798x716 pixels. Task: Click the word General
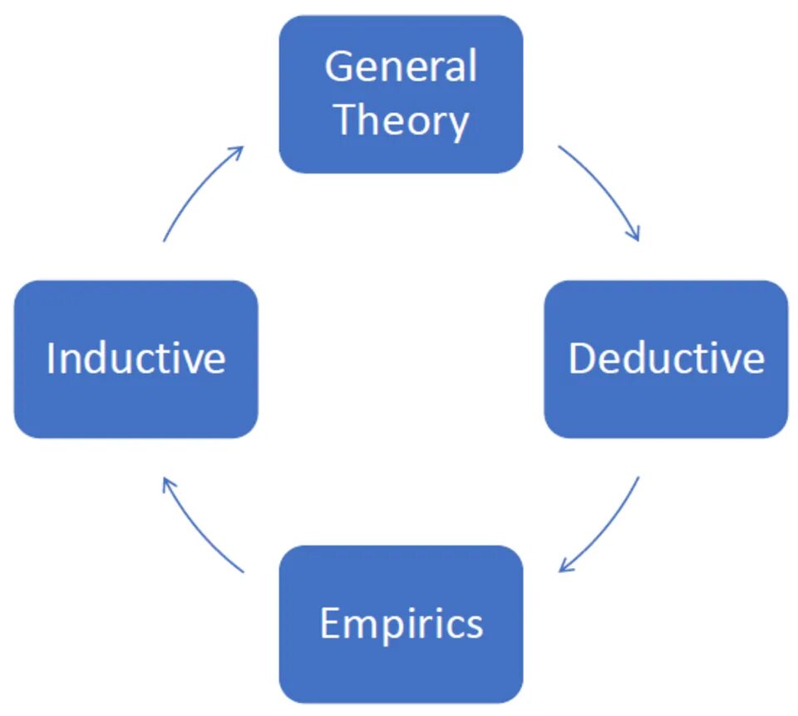coord(401,67)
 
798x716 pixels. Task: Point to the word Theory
coord(401,121)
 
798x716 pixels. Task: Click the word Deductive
coord(666,358)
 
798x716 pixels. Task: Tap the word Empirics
coord(401,624)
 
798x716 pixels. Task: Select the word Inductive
coord(135,358)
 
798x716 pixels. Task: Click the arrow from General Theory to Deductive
coord(607,187)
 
